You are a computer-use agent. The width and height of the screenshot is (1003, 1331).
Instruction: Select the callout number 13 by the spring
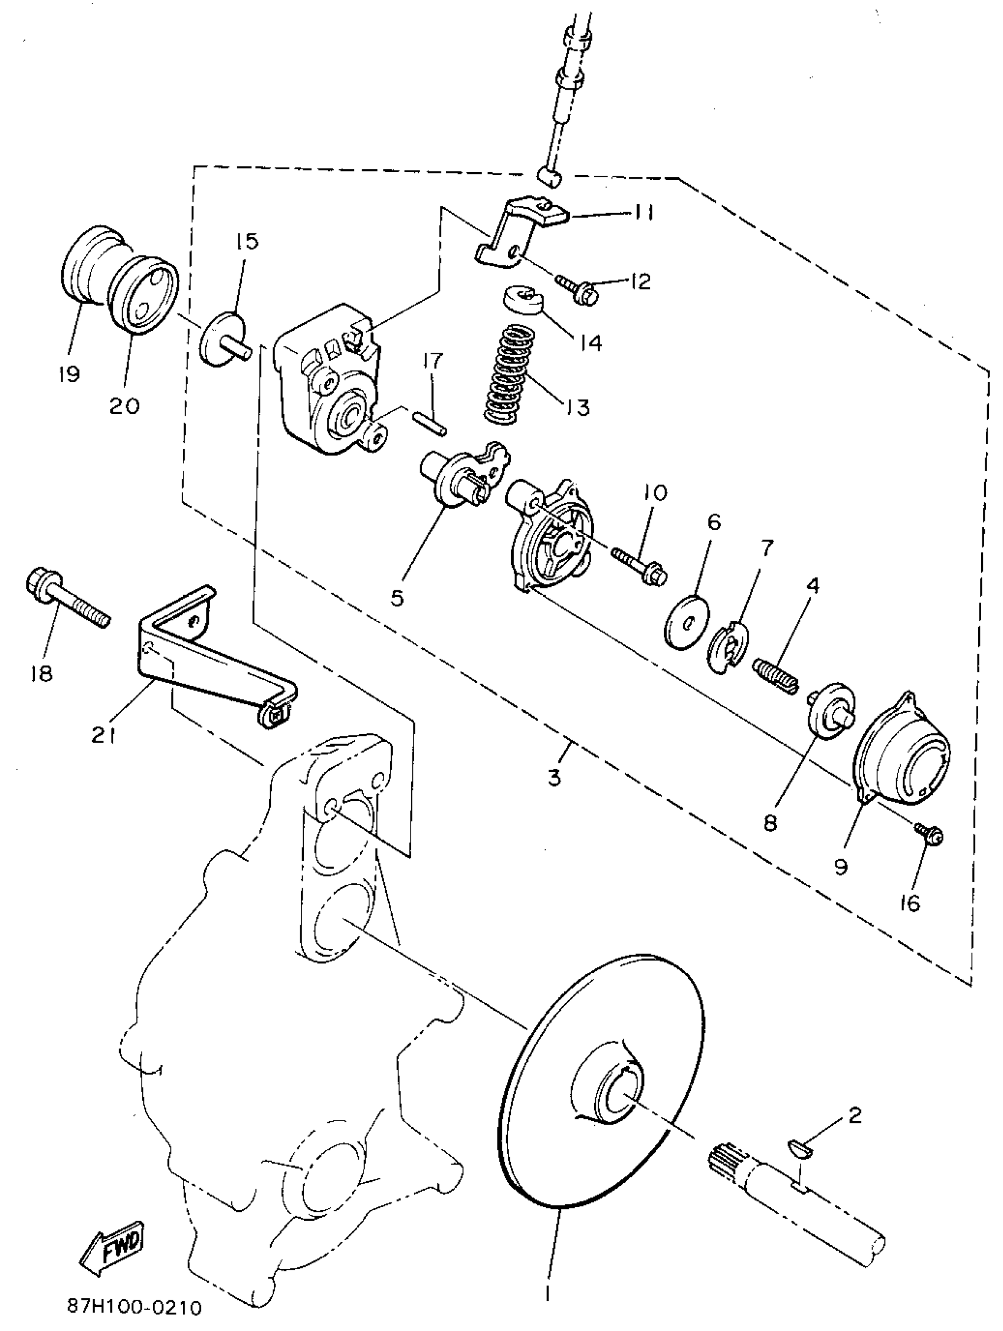pyautogui.click(x=577, y=407)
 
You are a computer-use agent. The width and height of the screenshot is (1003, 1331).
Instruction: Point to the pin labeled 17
pyautogui.click(x=430, y=421)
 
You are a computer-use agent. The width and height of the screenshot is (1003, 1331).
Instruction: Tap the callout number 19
pyautogui.click(x=70, y=374)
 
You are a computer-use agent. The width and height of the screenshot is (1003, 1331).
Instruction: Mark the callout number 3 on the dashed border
pyautogui.click(x=555, y=777)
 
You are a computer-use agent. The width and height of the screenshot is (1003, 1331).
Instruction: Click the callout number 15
pyautogui.click(x=246, y=241)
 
